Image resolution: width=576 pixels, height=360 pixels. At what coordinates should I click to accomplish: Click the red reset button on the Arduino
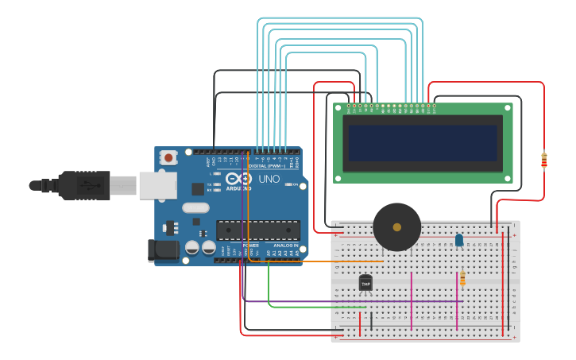[168, 158]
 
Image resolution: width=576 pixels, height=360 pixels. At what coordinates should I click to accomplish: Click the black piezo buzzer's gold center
[396, 227]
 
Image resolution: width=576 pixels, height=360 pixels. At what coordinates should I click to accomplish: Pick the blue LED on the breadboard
[458, 239]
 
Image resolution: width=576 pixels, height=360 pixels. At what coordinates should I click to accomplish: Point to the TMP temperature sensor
[365, 281]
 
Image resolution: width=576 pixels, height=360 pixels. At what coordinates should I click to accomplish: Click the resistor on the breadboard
[462, 278]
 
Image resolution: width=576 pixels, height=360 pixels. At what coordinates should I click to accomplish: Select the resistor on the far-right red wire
[543, 161]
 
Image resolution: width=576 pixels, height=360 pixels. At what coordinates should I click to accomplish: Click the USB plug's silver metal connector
[157, 185]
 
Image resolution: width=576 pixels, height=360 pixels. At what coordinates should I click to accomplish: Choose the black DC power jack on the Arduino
[163, 250]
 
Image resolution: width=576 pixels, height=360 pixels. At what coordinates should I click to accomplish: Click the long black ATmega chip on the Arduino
[257, 230]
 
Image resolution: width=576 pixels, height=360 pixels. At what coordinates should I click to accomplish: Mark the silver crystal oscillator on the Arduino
[195, 208]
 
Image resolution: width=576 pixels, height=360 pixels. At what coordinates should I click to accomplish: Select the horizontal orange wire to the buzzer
[318, 261]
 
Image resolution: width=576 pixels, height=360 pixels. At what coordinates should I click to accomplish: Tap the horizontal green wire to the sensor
[318, 307]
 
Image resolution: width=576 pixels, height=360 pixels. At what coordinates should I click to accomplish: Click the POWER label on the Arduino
[249, 246]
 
